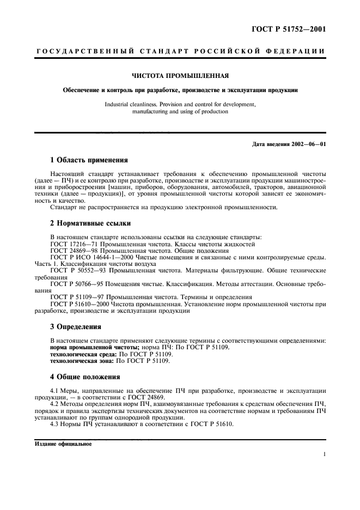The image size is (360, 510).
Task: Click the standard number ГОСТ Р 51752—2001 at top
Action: click(x=292, y=29)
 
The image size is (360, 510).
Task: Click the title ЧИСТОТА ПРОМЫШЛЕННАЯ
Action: click(x=180, y=75)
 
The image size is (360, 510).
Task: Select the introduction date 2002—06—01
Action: click(x=307, y=144)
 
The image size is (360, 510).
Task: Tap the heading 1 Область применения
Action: click(x=89, y=160)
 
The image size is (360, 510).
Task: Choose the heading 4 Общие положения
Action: click(x=85, y=377)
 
